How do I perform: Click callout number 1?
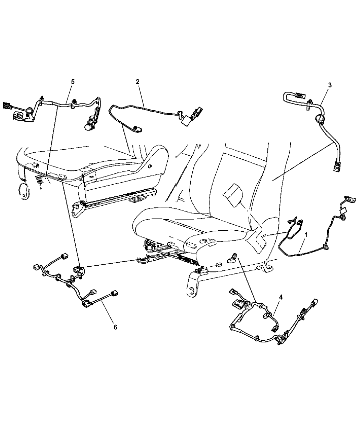point(306,235)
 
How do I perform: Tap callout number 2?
point(137,82)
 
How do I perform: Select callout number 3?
point(330,85)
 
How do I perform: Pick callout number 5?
point(73,82)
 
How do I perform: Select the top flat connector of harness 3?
point(299,95)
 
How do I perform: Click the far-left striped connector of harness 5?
point(7,105)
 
